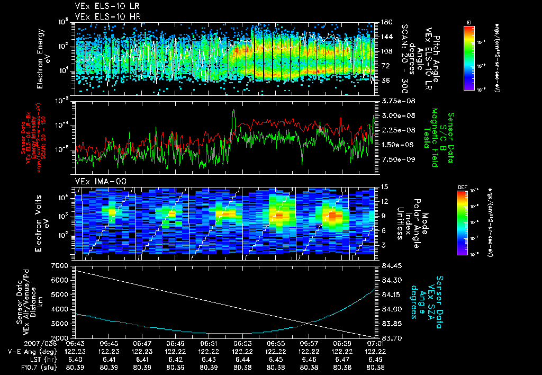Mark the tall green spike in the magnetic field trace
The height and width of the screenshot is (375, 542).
(233, 112)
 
